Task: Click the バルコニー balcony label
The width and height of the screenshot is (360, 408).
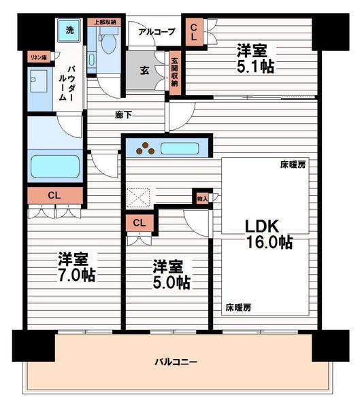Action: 176,362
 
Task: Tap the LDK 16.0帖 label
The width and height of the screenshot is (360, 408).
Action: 269,234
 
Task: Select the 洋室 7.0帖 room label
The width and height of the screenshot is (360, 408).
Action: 76,267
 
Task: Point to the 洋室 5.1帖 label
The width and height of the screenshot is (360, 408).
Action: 255,58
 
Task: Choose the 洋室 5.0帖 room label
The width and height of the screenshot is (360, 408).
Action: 171,274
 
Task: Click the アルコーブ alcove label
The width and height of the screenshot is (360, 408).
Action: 157,32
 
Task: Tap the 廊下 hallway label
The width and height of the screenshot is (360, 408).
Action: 123,115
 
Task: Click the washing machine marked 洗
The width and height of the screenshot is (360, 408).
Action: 69,31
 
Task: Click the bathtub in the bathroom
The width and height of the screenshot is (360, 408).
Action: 55,167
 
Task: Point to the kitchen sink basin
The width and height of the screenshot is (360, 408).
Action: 180,148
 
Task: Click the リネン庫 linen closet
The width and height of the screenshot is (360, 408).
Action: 39,57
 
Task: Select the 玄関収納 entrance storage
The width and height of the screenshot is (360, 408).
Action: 175,73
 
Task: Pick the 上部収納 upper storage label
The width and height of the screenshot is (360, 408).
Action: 104,22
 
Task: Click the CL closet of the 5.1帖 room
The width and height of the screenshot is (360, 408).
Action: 194,32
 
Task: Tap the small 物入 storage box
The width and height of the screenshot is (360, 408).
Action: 202,199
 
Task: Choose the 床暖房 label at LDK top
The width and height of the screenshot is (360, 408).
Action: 293,165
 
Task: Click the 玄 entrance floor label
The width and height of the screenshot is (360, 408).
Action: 144,70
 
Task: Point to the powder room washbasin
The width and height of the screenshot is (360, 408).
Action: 39,81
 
